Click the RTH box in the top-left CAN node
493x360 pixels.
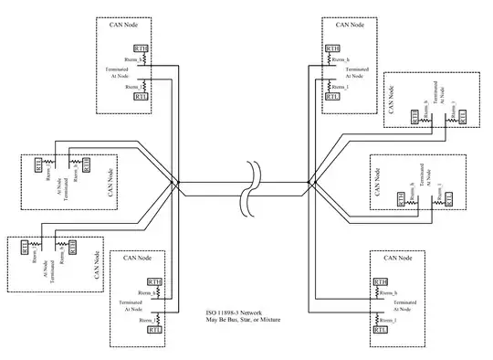[142, 48]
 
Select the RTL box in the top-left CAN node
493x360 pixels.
[142, 95]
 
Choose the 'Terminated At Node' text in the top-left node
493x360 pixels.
[117, 72]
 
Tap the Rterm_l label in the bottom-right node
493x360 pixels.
[391, 320]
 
